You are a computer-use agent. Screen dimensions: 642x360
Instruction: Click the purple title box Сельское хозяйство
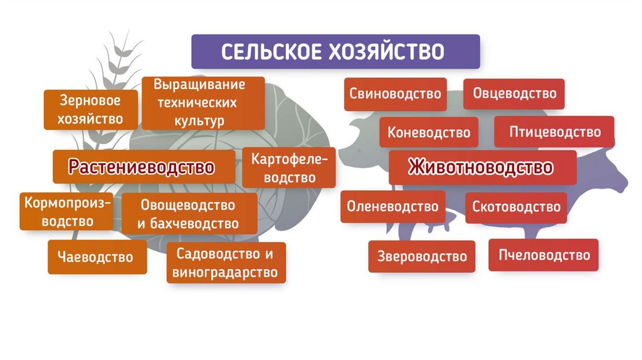click(335, 51)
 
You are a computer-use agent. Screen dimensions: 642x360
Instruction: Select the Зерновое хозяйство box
click(90, 109)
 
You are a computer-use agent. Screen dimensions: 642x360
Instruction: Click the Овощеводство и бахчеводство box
click(188, 214)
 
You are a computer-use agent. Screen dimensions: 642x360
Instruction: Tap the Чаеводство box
click(97, 257)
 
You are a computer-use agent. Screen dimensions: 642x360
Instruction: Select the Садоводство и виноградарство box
click(226, 263)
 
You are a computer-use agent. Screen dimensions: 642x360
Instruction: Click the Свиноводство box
click(395, 94)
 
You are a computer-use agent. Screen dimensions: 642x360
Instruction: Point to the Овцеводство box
click(514, 94)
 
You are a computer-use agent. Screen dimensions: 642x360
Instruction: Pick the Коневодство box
click(429, 132)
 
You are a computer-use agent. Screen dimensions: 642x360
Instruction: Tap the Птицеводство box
click(554, 132)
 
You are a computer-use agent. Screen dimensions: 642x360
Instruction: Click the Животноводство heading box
click(481, 167)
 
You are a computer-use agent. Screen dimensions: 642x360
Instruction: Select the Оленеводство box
click(392, 206)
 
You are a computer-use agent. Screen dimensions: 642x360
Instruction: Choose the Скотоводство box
click(516, 207)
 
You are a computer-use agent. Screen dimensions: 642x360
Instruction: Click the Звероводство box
click(422, 256)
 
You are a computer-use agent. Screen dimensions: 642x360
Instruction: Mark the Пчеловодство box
click(544, 255)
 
